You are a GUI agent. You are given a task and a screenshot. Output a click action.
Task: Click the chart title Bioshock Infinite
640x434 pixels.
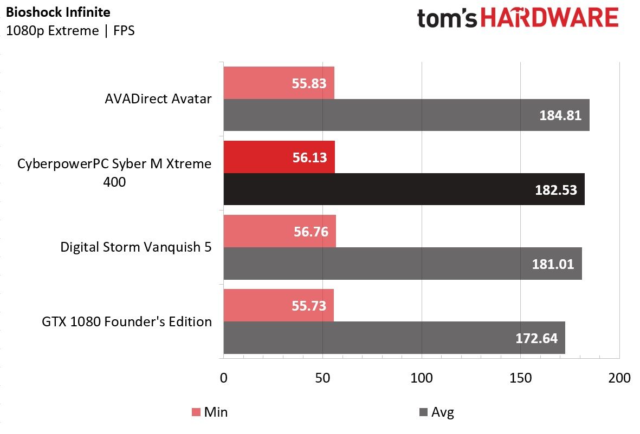click(x=58, y=12)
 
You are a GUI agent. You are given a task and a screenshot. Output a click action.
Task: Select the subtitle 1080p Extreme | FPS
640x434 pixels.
click(x=70, y=31)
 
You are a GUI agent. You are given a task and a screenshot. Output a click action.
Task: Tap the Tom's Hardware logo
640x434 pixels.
click(x=518, y=18)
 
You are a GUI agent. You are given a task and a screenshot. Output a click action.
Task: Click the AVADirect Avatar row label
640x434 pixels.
click(x=158, y=98)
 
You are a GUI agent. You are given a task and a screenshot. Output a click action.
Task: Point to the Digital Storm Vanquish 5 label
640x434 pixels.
click(x=136, y=247)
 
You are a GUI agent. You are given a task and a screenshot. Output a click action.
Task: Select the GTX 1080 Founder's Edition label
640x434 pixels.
click(x=126, y=321)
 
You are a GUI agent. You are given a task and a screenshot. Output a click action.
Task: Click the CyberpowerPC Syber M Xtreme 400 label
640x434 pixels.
click(x=114, y=173)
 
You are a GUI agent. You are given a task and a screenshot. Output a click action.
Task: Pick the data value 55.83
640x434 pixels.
click(x=309, y=83)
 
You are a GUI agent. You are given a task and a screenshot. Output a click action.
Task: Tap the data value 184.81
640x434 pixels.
click(x=560, y=115)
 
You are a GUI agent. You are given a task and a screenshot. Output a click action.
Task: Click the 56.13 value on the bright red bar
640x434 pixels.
click(x=310, y=157)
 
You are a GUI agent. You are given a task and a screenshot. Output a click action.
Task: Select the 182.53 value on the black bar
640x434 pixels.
click(x=556, y=190)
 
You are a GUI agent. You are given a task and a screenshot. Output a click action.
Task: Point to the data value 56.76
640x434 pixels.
click(x=311, y=232)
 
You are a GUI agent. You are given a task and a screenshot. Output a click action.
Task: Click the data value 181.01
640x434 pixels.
click(x=553, y=264)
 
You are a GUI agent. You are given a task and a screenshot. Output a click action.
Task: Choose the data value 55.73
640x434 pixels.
click(x=309, y=306)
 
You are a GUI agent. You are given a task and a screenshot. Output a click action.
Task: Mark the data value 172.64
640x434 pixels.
click(x=536, y=338)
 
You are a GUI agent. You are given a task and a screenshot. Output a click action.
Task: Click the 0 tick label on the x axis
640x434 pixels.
click(x=224, y=378)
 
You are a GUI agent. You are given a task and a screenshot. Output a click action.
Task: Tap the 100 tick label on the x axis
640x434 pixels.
click(x=422, y=378)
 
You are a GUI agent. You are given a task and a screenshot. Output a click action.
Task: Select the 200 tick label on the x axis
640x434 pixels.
click(x=619, y=378)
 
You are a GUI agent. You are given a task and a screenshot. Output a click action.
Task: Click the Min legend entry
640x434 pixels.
click(x=210, y=412)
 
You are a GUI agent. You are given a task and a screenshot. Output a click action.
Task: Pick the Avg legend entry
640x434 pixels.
click(x=437, y=412)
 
